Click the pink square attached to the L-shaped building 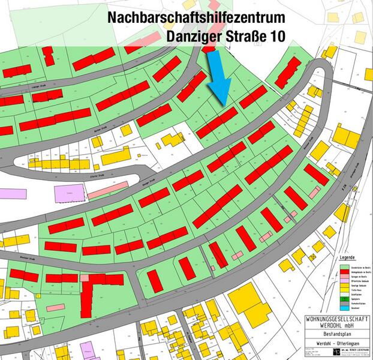(85, 278)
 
